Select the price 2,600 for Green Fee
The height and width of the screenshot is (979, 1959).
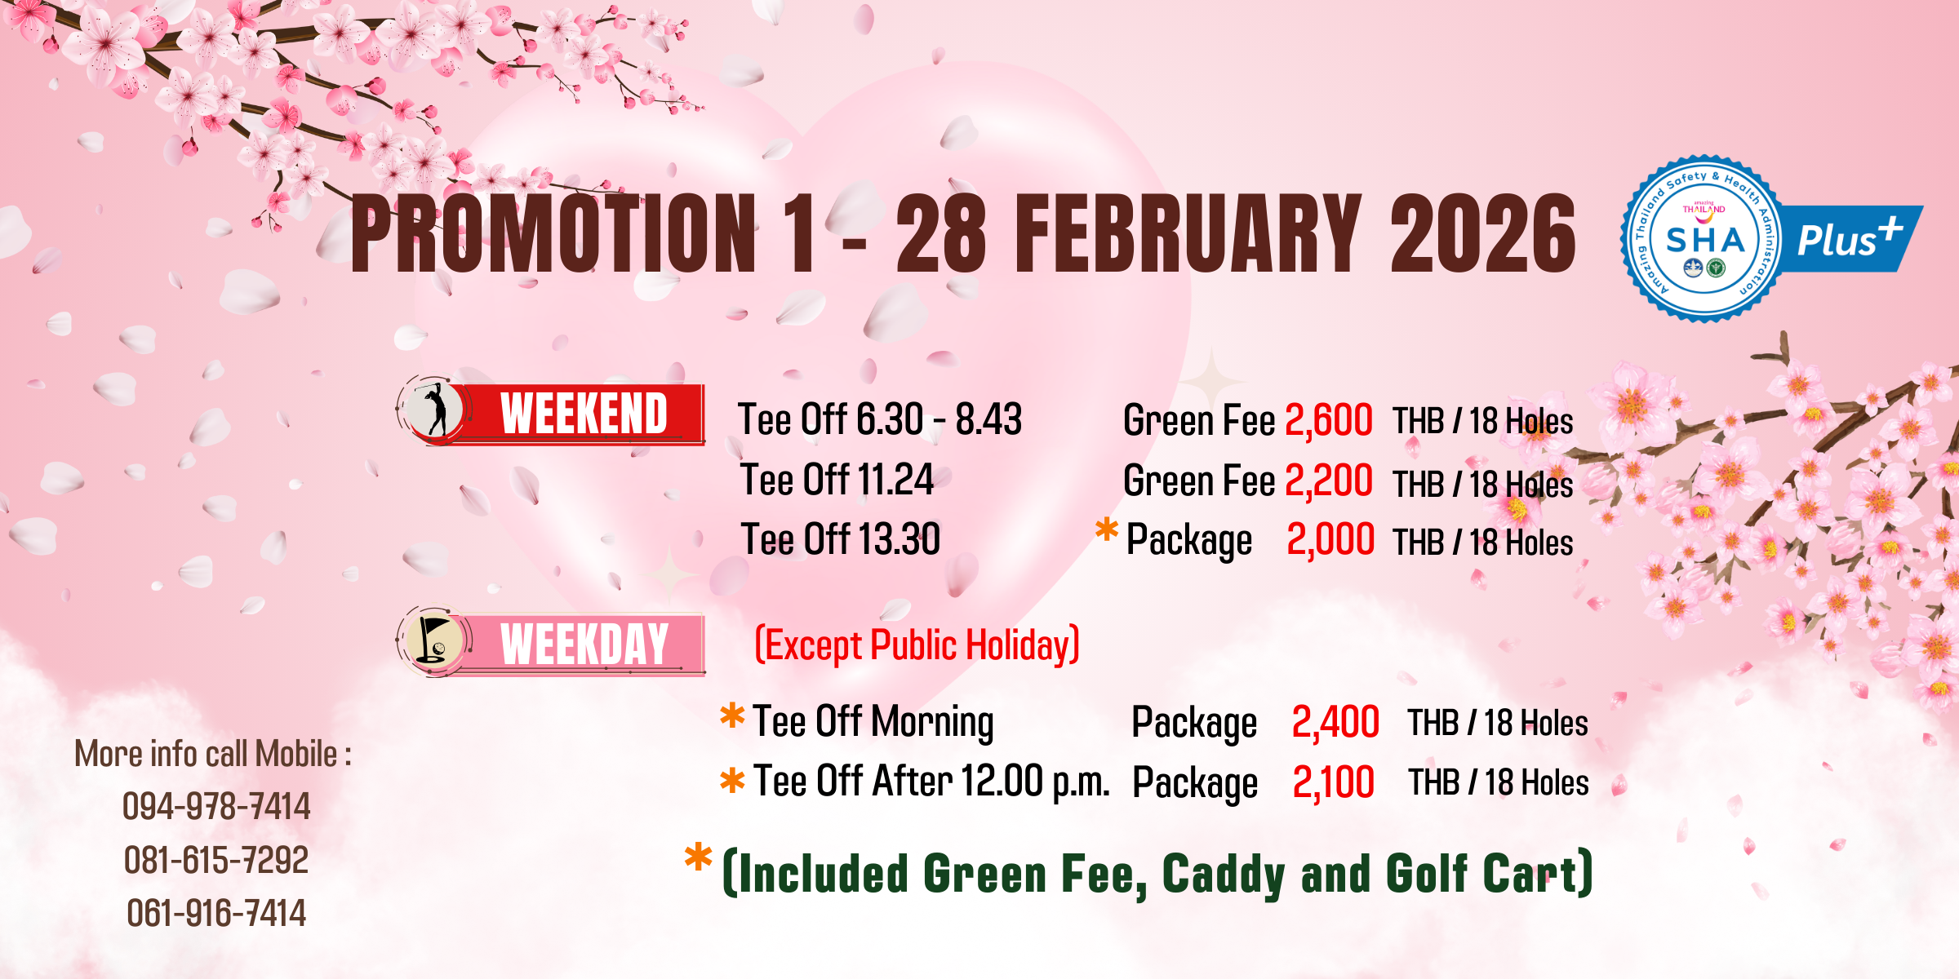tap(1329, 421)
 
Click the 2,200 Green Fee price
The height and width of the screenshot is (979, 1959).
tap(1329, 481)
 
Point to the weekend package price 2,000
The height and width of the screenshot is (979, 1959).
tap(1330, 540)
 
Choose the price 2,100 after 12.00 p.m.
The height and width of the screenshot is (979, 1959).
tap(1334, 782)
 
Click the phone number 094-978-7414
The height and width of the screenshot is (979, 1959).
tap(216, 806)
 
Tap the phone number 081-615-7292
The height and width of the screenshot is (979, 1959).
tap(216, 860)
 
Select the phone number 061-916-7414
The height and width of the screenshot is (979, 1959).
tap(216, 913)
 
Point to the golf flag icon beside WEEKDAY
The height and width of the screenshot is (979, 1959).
tap(433, 640)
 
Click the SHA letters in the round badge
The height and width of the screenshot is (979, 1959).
tap(1705, 240)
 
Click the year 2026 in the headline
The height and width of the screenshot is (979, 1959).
tap(1483, 233)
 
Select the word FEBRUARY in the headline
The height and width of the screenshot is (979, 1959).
tap(1188, 233)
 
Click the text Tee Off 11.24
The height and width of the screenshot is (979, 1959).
tap(837, 480)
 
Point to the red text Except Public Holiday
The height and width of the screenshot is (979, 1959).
tap(917, 645)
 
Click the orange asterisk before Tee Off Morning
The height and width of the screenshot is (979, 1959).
tap(732, 715)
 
